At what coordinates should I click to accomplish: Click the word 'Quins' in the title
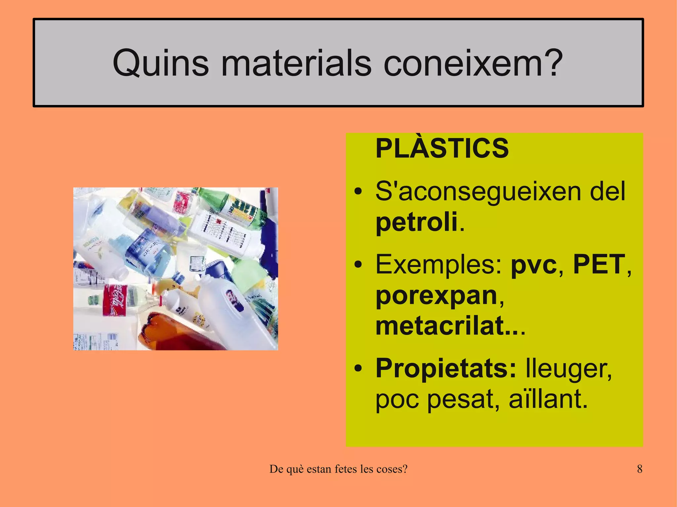click(x=161, y=63)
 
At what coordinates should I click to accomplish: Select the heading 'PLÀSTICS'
click(x=442, y=148)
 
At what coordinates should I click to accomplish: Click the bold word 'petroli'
click(x=417, y=222)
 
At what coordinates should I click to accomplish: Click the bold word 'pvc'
click(x=534, y=265)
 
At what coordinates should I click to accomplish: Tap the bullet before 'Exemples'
click(x=358, y=265)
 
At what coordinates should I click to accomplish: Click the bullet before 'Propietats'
click(x=358, y=369)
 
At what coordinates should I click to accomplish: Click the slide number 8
click(x=639, y=469)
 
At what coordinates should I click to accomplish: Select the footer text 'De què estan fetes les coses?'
click(x=338, y=469)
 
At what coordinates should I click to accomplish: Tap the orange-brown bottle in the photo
click(x=172, y=334)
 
